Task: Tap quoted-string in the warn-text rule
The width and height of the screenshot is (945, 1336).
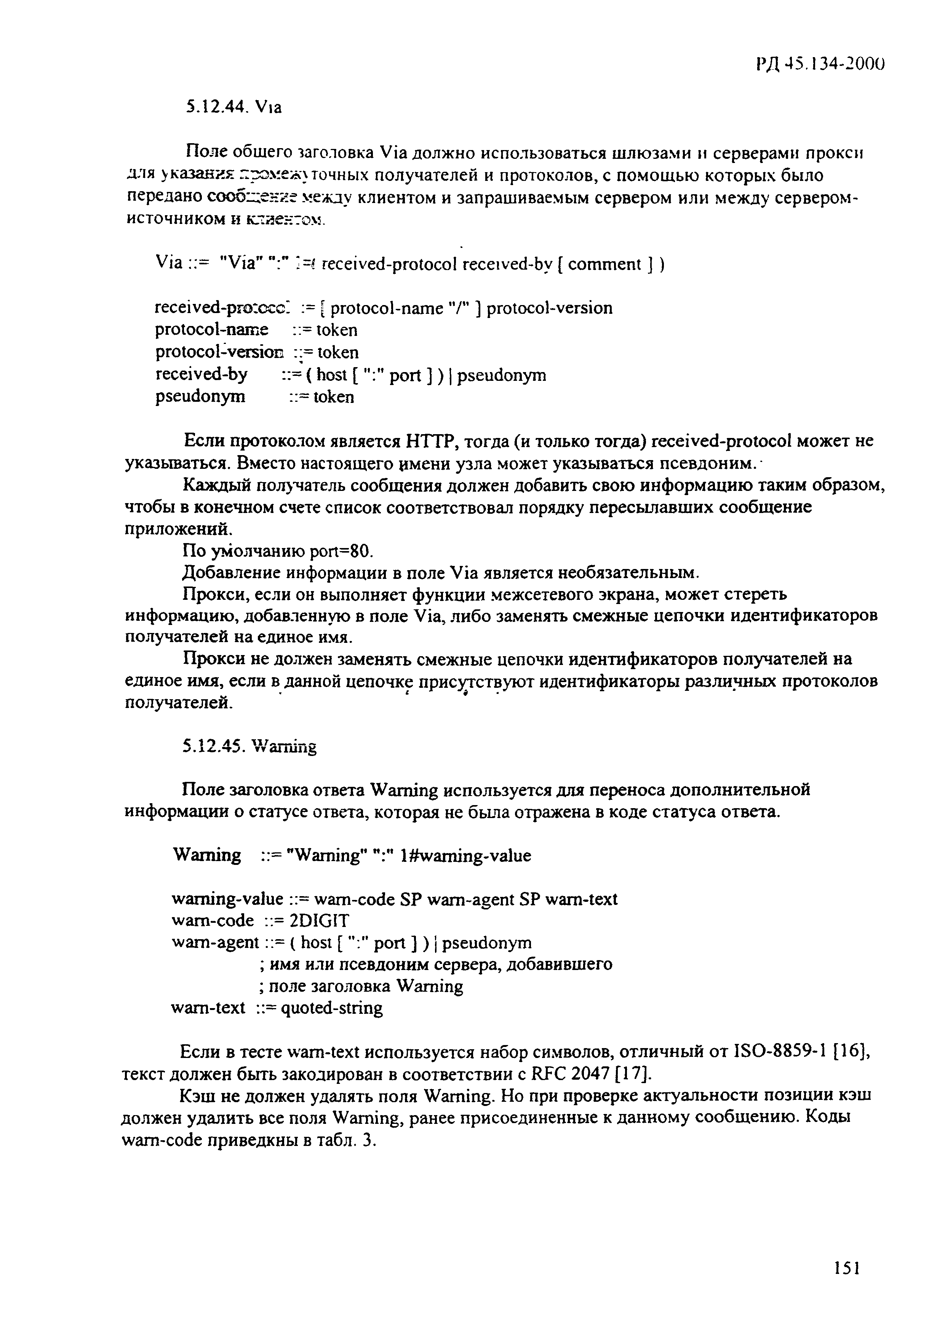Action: click(332, 1008)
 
